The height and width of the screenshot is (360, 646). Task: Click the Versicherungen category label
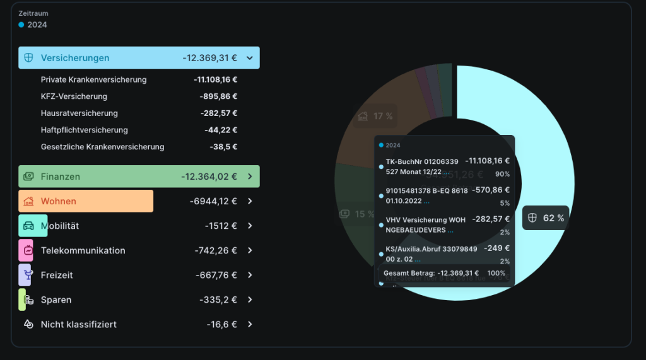[75, 58]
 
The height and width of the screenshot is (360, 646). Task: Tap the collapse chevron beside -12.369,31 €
[250, 58]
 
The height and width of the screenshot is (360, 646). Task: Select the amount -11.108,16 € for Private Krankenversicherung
[215, 80]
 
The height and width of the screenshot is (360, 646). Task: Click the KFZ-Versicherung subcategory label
[74, 96]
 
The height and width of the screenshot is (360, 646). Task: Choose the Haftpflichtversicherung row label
[84, 130]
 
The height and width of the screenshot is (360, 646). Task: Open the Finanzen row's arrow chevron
[250, 177]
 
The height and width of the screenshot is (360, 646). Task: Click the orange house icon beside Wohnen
[28, 202]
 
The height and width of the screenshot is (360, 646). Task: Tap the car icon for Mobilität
[28, 226]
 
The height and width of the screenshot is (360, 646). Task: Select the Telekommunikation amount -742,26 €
[216, 250]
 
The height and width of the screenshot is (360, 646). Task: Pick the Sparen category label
[56, 300]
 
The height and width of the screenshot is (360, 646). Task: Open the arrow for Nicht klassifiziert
[250, 324]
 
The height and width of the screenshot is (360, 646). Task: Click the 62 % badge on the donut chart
[546, 218]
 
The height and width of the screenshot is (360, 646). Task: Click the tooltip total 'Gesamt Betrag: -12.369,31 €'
[431, 274]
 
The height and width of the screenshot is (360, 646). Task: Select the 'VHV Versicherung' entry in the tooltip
[416, 220]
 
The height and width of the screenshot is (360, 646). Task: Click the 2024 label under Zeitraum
[37, 25]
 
